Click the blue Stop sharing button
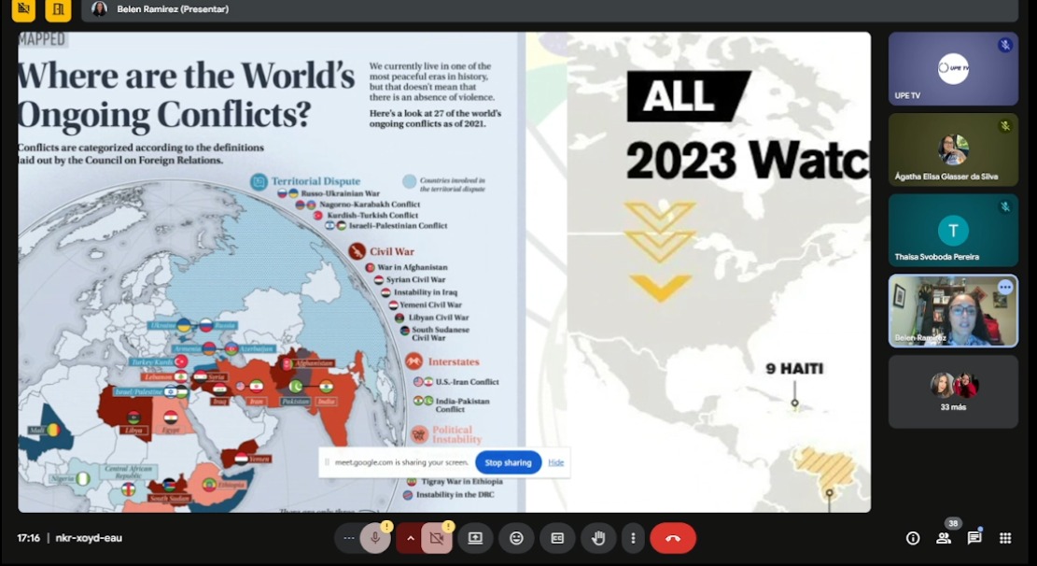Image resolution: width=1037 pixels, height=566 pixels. click(508, 462)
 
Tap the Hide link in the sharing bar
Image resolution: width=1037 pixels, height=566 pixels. click(556, 462)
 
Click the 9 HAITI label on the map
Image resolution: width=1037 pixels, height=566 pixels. click(794, 369)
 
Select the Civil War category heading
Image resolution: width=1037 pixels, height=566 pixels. click(391, 251)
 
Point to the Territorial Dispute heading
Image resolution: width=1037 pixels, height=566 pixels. click(315, 181)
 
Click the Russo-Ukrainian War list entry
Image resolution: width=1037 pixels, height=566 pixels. click(340, 193)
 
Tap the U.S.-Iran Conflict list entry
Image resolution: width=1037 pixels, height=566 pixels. click(467, 382)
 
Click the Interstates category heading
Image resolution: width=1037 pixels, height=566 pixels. click(453, 361)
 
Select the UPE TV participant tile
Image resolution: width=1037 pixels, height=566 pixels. click(952, 69)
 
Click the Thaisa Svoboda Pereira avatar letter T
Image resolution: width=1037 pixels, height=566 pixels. click(953, 231)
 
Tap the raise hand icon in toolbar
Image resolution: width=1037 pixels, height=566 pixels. click(598, 538)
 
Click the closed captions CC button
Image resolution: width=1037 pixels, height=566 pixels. click(557, 538)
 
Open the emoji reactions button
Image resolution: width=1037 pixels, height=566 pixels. click(516, 538)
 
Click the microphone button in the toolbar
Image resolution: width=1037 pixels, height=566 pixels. click(375, 538)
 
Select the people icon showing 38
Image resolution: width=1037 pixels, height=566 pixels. click(944, 538)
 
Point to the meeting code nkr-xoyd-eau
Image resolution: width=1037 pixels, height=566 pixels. click(89, 538)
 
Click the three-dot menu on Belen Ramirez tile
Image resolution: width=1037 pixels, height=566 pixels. click(1005, 288)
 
